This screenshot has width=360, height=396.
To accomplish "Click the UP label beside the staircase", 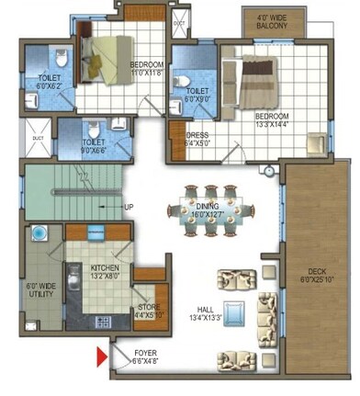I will click(x=129, y=208).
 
